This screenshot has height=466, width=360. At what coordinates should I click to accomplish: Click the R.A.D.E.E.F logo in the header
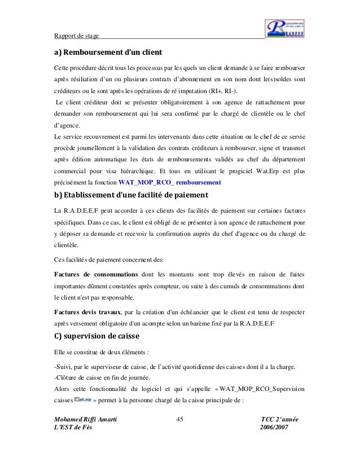tap(286, 27)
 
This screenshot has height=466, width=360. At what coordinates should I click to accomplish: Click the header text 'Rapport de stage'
tap(76, 37)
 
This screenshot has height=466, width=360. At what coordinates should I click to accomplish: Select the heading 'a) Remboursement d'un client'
tap(108, 52)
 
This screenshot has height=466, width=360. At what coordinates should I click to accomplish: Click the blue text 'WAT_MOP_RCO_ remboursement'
tap(170, 183)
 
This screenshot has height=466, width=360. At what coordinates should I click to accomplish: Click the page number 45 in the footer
tap(181, 421)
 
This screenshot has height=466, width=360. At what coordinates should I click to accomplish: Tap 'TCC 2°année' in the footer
tap(279, 421)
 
